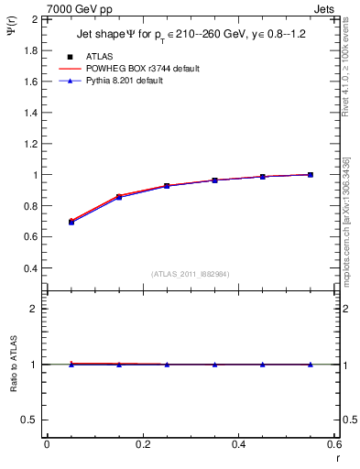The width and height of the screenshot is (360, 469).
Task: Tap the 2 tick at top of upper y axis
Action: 35,19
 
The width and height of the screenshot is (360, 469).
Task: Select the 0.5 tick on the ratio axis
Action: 29,420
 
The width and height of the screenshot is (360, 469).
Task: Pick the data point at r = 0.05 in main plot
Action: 71,222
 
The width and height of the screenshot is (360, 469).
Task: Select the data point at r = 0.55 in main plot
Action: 311,174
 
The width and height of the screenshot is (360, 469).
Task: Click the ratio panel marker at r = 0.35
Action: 214,365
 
